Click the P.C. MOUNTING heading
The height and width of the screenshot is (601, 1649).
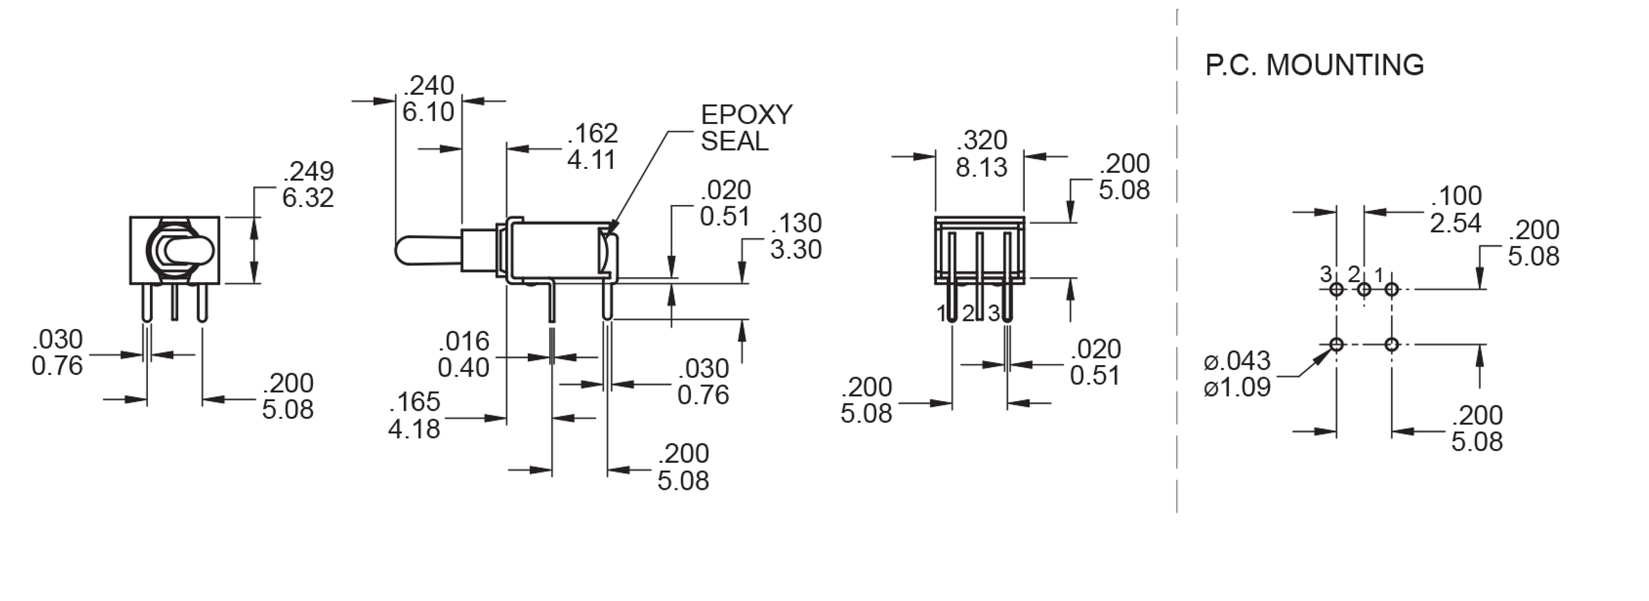(1315, 65)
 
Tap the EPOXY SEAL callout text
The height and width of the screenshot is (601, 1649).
(745, 128)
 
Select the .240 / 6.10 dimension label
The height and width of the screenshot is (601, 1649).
(428, 99)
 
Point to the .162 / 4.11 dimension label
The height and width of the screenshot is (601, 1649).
(592, 147)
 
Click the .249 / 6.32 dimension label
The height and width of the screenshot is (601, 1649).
(308, 185)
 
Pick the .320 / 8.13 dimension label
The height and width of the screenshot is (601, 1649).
(981, 154)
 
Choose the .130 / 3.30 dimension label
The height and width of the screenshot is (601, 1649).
(795, 237)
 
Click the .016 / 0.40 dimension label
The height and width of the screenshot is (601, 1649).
(463, 354)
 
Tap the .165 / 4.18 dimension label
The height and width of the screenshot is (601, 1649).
(414, 415)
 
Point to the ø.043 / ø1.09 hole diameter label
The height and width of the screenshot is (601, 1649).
(1237, 374)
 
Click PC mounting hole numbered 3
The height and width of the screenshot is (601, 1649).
(1337, 290)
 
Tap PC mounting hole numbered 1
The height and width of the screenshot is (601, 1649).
(1392, 290)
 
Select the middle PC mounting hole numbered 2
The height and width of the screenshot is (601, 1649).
(1364, 290)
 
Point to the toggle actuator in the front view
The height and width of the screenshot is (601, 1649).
(186, 250)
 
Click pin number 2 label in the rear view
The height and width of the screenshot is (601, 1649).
(968, 314)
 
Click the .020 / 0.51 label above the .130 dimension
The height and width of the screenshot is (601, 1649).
(725, 203)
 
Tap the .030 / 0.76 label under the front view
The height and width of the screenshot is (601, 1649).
(57, 352)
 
